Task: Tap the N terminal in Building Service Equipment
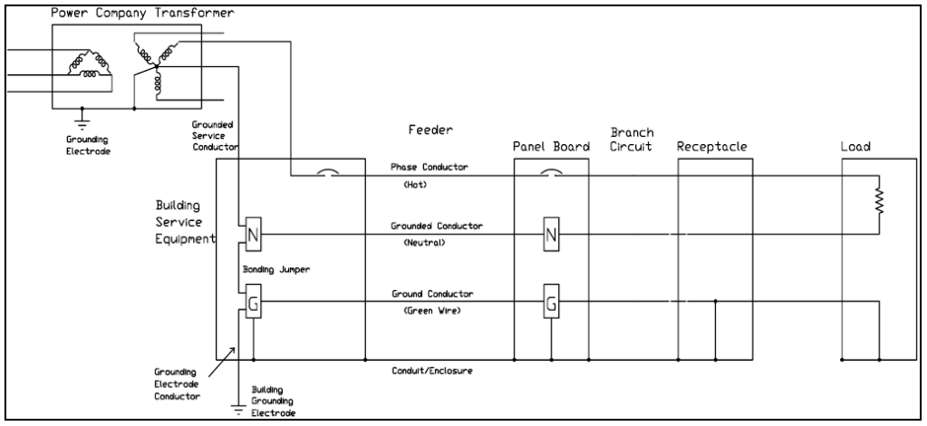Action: tap(253, 235)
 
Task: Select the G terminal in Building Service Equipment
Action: tap(253, 304)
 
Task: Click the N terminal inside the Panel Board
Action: tap(550, 235)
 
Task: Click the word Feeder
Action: tap(430, 131)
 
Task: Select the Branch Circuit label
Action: tap(632, 140)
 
